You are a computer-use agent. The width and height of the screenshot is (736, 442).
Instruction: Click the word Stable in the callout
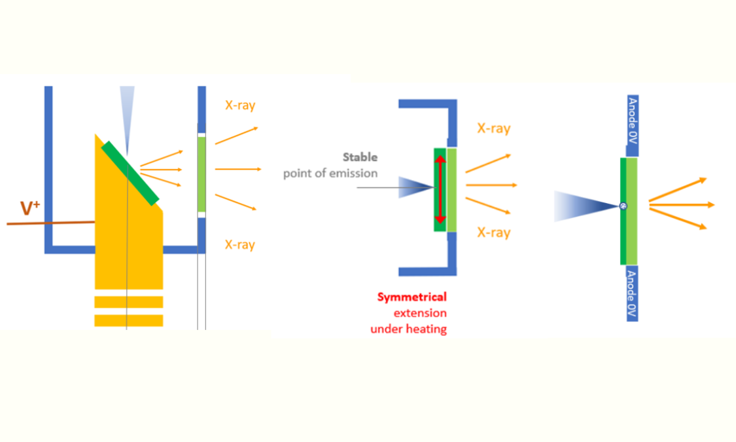point(360,157)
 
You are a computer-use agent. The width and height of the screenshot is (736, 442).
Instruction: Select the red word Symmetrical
point(412,297)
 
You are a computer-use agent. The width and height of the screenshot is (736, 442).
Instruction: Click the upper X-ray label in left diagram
point(240,105)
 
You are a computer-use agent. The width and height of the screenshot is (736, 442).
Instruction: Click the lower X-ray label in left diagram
point(239,244)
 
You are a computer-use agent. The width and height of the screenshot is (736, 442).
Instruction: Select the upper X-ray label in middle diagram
point(493,128)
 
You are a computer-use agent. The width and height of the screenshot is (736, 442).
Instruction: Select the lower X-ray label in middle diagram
point(493,232)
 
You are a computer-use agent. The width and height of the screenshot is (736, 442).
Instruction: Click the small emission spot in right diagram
point(623,207)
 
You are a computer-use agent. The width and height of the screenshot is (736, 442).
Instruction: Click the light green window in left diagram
point(202,174)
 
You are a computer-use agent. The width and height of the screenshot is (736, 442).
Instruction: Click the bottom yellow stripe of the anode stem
point(129,320)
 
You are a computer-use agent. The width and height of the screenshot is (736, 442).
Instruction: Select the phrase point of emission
point(330,173)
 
